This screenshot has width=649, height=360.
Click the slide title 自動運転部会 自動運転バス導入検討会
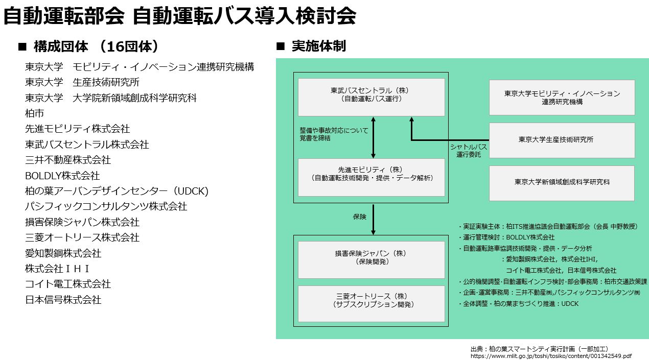(179, 16)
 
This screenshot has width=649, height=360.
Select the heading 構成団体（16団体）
(95, 46)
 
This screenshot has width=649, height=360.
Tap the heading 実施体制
(318, 46)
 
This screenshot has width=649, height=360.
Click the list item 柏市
(34, 113)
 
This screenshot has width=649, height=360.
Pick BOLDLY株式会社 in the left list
(62, 175)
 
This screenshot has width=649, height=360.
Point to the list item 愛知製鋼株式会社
(63, 253)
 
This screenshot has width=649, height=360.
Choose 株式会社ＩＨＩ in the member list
(57, 269)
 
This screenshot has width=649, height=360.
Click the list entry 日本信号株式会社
(63, 300)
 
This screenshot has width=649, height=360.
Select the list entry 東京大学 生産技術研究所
(82, 82)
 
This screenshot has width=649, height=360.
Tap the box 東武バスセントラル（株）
(371, 97)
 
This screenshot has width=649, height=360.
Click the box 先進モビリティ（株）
(371, 177)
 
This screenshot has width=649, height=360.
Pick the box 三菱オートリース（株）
(371, 303)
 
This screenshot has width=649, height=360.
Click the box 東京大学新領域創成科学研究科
(562, 182)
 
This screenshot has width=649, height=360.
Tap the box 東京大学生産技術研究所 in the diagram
(562, 139)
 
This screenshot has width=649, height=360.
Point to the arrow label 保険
(360, 217)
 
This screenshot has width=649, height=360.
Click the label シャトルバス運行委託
(468, 151)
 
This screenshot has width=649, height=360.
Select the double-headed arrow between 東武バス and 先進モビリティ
(373, 137)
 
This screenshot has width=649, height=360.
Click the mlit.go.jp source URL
(551, 356)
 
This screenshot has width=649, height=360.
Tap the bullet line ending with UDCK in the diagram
(518, 304)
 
